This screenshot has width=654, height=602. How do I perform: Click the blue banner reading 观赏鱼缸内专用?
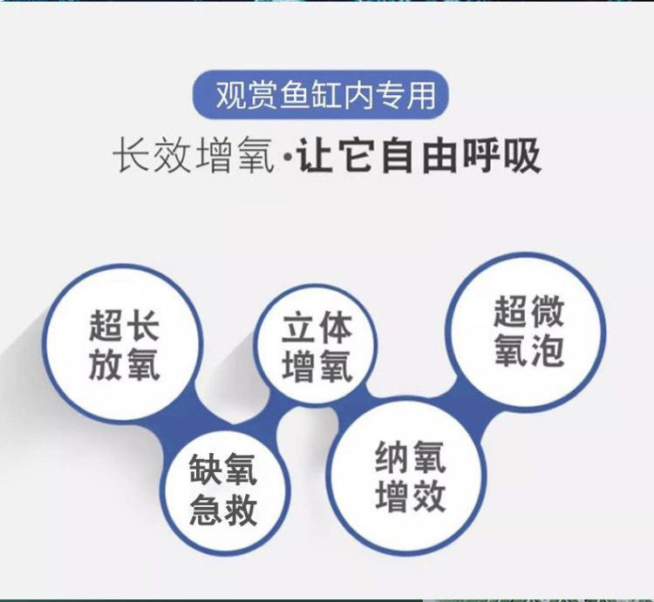[x=320, y=95]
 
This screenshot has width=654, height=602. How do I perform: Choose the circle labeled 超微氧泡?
[x=526, y=331]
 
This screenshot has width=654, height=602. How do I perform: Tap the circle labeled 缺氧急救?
[x=223, y=490]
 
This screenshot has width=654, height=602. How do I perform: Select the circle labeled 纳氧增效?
[x=410, y=476]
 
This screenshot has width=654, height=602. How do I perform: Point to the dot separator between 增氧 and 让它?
[x=287, y=158]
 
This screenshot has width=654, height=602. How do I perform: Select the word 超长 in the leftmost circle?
[x=124, y=324]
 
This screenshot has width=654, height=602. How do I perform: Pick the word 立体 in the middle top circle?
[x=317, y=328]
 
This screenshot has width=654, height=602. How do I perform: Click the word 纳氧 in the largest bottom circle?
[x=410, y=457]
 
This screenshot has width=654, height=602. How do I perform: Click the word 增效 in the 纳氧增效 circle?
[x=410, y=496]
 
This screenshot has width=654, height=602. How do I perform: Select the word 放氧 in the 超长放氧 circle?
[x=124, y=364]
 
